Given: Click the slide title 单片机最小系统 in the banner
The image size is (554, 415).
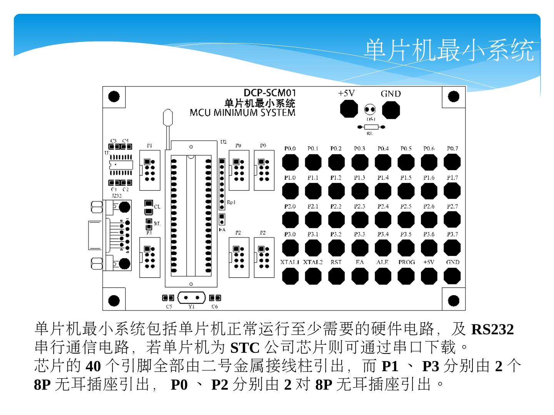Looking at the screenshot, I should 449,50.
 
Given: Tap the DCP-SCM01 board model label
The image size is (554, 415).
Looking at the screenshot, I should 270,93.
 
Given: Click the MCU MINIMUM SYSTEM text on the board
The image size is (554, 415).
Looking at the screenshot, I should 242,113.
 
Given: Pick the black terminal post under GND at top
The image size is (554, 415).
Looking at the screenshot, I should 391,110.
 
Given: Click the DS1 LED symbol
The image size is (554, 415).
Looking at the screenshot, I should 370,110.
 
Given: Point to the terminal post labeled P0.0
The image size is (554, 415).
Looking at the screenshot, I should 290,162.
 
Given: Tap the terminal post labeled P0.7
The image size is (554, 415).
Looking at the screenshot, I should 452,162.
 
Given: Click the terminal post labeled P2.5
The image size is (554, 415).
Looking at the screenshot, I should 406,219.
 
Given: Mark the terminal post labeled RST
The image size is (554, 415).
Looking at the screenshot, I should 336,276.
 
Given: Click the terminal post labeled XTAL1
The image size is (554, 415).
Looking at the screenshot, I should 290,276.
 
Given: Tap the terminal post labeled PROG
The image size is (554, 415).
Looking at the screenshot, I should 406,276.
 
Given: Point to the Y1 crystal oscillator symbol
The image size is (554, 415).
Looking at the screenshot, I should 192,298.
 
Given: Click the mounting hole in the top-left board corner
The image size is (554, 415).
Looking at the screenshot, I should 113,96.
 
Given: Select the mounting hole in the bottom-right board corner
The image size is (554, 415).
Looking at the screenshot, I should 454,300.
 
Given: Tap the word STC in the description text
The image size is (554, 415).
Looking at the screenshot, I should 245,348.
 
